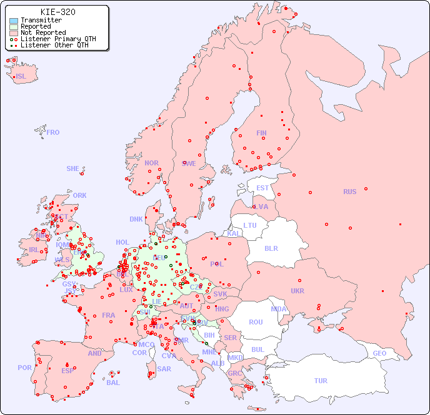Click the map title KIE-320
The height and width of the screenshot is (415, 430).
(x=57, y=12)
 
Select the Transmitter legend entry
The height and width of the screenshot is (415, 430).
(x=41, y=20)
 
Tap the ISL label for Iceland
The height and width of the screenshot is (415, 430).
(x=21, y=77)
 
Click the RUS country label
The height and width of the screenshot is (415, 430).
(x=349, y=192)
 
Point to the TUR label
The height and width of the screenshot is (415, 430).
(x=321, y=381)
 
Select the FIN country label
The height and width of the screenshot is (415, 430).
(x=261, y=133)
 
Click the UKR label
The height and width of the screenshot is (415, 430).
(x=297, y=291)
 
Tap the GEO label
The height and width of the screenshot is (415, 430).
(x=379, y=353)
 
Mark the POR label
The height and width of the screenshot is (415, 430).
(x=24, y=368)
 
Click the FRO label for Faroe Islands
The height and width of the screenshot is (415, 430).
(x=53, y=132)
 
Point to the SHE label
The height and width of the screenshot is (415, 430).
(x=73, y=168)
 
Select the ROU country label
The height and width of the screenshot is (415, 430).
(x=256, y=322)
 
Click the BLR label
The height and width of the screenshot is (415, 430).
(x=271, y=248)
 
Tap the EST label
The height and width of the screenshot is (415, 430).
(x=262, y=188)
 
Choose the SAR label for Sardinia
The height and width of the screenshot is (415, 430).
(x=164, y=369)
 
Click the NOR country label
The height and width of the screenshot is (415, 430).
(x=151, y=163)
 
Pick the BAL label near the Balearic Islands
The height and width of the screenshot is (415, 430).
(x=113, y=383)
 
